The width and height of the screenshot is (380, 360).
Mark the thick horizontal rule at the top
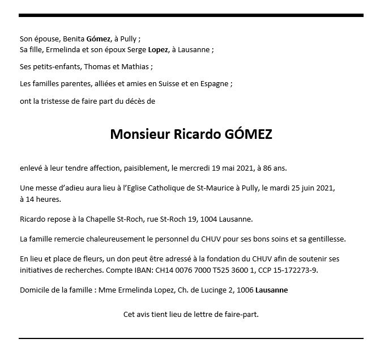[190, 16]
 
